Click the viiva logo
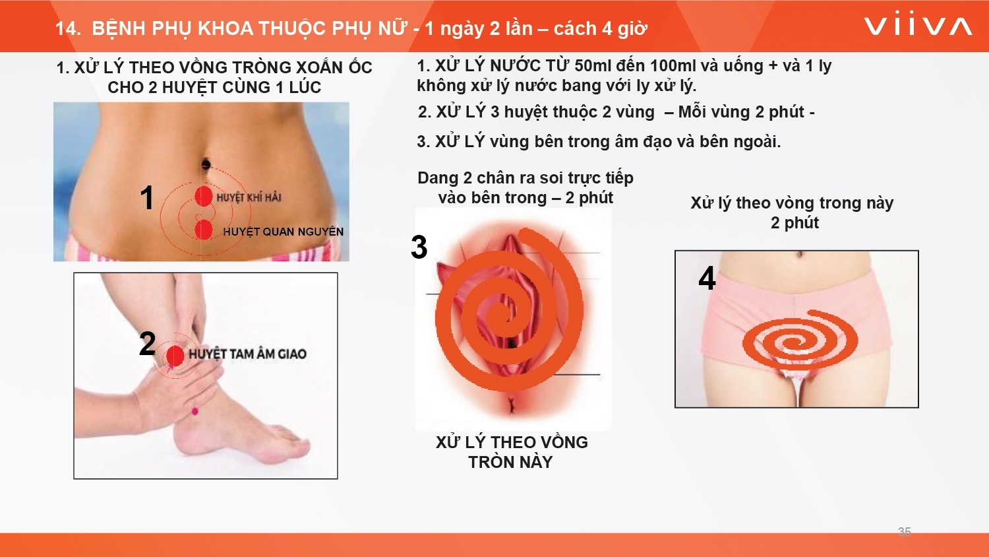pyautogui.click(x=918, y=26)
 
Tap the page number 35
pyautogui.click(x=904, y=532)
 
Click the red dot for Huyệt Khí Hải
pyautogui.click(x=204, y=196)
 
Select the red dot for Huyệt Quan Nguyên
pyautogui.click(x=204, y=230)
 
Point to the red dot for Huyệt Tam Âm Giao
pyautogui.click(x=175, y=356)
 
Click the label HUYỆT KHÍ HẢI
pyautogui.click(x=249, y=197)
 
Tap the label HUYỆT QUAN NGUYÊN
pyautogui.click(x=283, y=232)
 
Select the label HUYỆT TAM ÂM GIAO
pyautogui.click(x=248, y=354)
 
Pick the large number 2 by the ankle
pyautogui.click(x=148, y=343)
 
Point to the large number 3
pyautogui.click(x=419, y=247)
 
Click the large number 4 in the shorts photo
pyautogui.click(x=707, y=278)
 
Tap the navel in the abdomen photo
pyautogui.click(x=206, y=164)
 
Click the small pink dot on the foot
pyautogui.click(x=195, y=412)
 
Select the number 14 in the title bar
pyautogui.click(x=66, y=29)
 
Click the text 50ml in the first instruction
pyautogui.click(x=593, y=66)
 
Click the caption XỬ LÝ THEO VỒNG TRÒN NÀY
pyautogui.click(x=512, y=452)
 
